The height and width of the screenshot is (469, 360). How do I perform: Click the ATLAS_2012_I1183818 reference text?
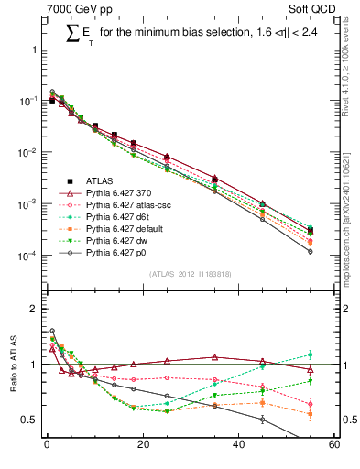click(189, 274)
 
